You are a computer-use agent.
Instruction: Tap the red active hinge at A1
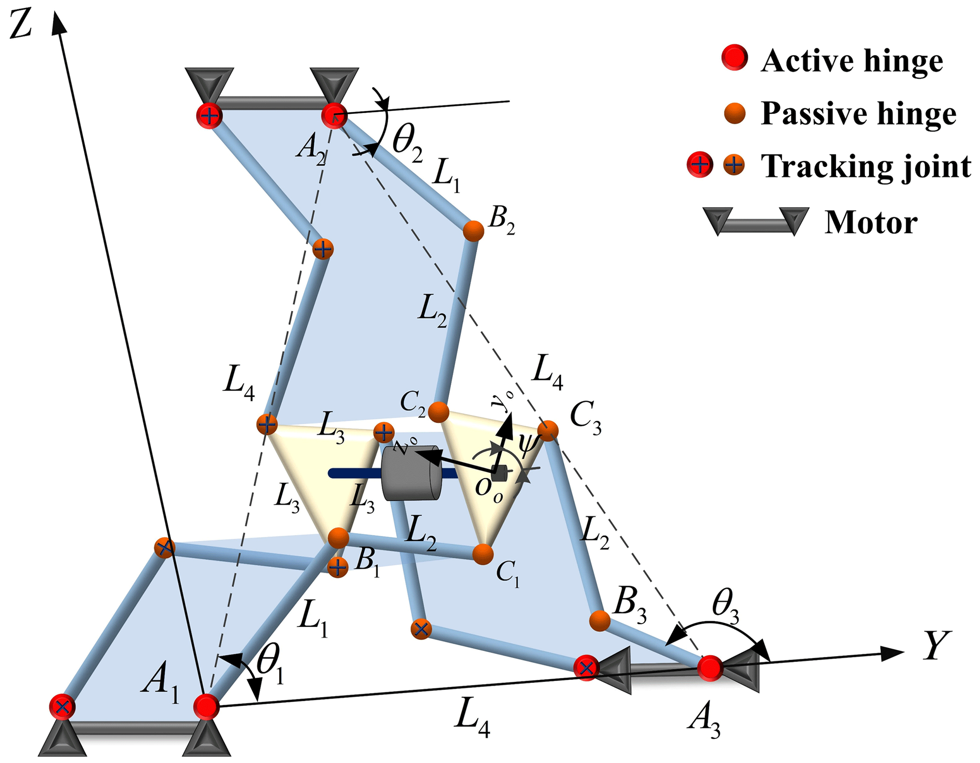pyautogui.click(x=206, y=706)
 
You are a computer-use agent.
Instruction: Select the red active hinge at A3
pyautogui.click(x=710, y=668)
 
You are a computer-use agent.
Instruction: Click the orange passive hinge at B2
pyautogui.click(x=473, y=231)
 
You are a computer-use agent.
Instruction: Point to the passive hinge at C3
pyautogui.click(x=548, y=431)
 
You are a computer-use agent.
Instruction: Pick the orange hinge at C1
pyautogui.click(x=483, y=554)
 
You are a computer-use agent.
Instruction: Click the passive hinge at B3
pyautogui.click(x=599, y=621)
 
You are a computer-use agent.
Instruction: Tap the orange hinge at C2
pyautogui.click(x=439, y=412)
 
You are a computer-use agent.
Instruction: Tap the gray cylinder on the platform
pyautogui.click(x=411, y=473)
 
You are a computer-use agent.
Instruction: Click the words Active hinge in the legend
pyautogui.click(x=852, y=62)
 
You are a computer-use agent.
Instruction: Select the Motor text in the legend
pyautogui.click(x=870, y=222)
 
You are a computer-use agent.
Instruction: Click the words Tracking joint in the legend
pyautogui.click(x=866, y=166)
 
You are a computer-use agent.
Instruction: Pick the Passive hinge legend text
pyautogui.click(x=858, y=114)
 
